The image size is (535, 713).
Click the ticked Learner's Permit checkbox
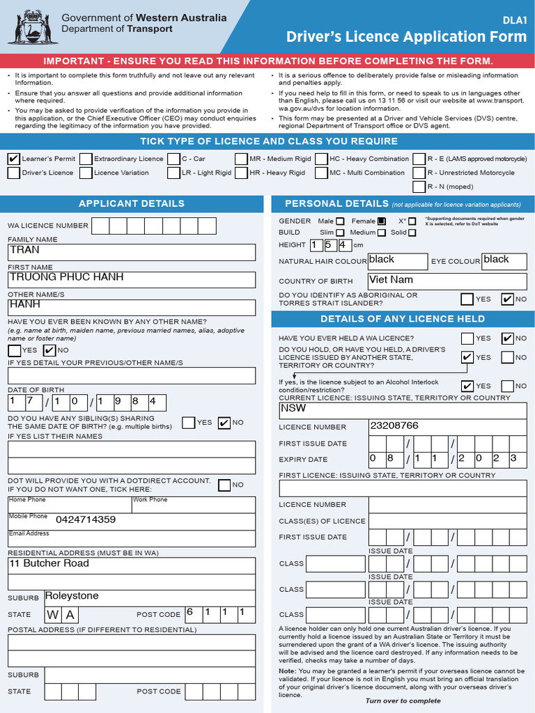(13, 159)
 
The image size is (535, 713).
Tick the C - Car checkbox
(173, 159)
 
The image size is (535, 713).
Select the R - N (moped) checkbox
(419, 187)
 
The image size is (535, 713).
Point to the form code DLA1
(514, 21)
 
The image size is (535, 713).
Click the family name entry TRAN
(132, 251)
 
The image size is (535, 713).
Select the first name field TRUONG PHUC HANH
(132, 279)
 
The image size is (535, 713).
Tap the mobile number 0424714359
(85, 519)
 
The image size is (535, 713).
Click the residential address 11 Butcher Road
(132, 565)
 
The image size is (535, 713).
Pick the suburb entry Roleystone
(149, 597)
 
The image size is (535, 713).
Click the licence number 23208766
(447, 426)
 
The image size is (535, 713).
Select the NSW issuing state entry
(402, 409)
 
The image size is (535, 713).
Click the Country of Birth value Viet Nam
(447, 281)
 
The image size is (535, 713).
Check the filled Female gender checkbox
(382, 221)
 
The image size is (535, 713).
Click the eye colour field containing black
(504, 260)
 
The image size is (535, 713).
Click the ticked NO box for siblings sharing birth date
(224, 423)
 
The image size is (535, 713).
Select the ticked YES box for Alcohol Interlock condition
(467, 386)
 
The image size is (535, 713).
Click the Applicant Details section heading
(132, 203)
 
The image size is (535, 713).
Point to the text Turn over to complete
(403, 700)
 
